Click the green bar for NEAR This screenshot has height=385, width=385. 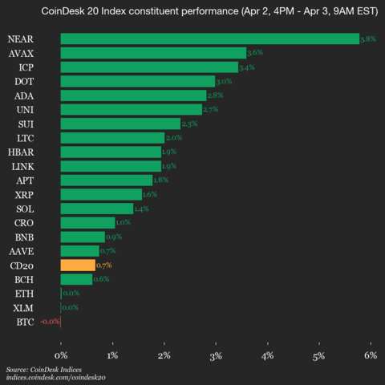(x=209, y=38)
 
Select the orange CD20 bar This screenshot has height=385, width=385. (x=77, y=265)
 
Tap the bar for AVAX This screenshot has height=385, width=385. (x=152, y=53)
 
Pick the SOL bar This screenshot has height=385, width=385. (x=96, y=209)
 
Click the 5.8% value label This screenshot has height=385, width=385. (x=369, y=38)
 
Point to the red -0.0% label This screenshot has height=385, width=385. (x=50, y=322)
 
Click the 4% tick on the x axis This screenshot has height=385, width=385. (x=267, y=355)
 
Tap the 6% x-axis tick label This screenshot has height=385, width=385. (x=371, y=355)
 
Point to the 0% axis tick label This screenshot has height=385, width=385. (x=60, y=355)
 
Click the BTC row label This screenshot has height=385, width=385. (x=25, y=322)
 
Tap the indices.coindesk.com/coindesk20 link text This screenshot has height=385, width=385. (x=56, y=376)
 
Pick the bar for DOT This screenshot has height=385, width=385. (x=137, y=81)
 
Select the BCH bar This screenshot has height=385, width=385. (x=75, y=279)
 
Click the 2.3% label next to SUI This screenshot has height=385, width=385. (x=190, y=124)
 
